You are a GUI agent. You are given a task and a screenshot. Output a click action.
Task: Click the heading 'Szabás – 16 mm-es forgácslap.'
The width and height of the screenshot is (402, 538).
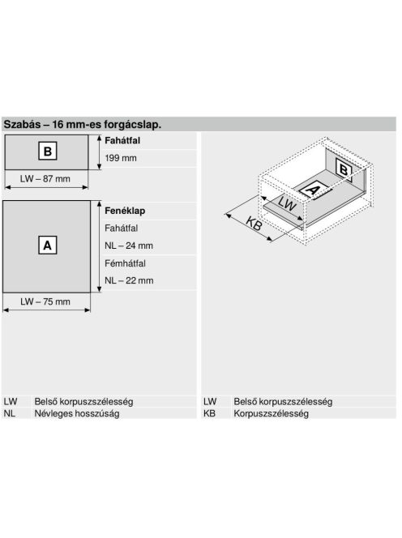[x=83, y=124]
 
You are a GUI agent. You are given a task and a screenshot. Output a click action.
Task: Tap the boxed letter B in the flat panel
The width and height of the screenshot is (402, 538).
[x=48, y=151]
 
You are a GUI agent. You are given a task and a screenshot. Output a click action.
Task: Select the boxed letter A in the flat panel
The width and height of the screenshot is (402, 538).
[x=47, y=245]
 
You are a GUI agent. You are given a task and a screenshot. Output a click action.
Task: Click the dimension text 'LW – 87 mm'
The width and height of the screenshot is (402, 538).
[x=45, y=179]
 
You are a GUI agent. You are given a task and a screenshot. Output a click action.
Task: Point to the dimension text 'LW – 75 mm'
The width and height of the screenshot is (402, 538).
[x=45, y=301]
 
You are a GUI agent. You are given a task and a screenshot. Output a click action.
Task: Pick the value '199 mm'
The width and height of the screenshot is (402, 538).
[x=121, y=158]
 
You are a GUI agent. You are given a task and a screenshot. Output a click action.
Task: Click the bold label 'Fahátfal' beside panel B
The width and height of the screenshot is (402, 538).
[x=122, y=141]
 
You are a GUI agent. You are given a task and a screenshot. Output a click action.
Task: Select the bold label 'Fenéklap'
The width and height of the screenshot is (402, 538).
[x=125, y=211]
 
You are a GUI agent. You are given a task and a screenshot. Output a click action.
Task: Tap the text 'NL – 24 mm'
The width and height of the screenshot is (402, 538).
[x=129, y=246]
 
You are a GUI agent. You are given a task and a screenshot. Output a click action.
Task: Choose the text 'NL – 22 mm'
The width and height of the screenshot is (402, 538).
[x=129, y=280]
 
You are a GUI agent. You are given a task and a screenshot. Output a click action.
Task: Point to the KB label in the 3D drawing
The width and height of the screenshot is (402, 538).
[x=254, y=224]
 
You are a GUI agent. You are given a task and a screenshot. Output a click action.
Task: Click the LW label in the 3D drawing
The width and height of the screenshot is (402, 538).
[x=287, y=203]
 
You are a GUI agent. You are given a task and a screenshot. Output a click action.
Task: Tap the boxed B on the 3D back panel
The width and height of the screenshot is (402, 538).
[x=344, y=170]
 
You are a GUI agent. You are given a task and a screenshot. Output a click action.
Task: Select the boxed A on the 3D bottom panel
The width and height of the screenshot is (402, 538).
[x=312, y=190]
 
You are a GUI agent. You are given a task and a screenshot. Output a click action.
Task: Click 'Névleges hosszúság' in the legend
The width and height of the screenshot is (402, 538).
[x=77, y=413]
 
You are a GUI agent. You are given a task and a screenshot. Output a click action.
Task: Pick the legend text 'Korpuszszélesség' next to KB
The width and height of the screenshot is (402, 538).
[x=271, y=413]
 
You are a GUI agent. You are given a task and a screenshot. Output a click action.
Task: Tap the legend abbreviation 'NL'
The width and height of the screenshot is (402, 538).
[x=10, y=413]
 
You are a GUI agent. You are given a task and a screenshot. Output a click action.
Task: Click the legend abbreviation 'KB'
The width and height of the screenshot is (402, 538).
[x=209, y=413]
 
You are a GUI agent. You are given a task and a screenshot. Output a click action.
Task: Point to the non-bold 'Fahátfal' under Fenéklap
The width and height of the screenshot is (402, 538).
[x=122, y=228]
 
